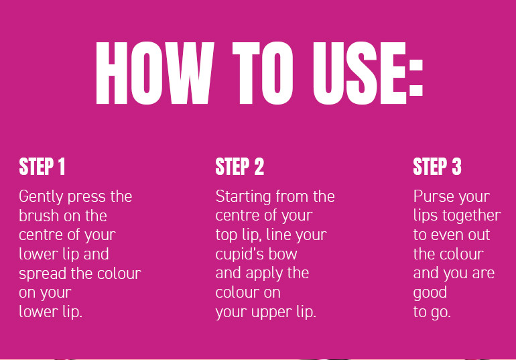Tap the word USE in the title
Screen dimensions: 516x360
point(359,73)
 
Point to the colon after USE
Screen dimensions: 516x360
point(415,78)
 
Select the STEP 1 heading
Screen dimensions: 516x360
point(42,166)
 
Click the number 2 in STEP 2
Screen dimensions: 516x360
point(259,166)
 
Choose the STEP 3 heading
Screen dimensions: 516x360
point(438,166)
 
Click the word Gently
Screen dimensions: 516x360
point(41,197)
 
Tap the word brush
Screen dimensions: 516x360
point(39,216)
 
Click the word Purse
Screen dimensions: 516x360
point(434,196)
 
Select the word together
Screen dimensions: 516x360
point(472,217)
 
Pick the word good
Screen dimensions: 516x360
point(430,293)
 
